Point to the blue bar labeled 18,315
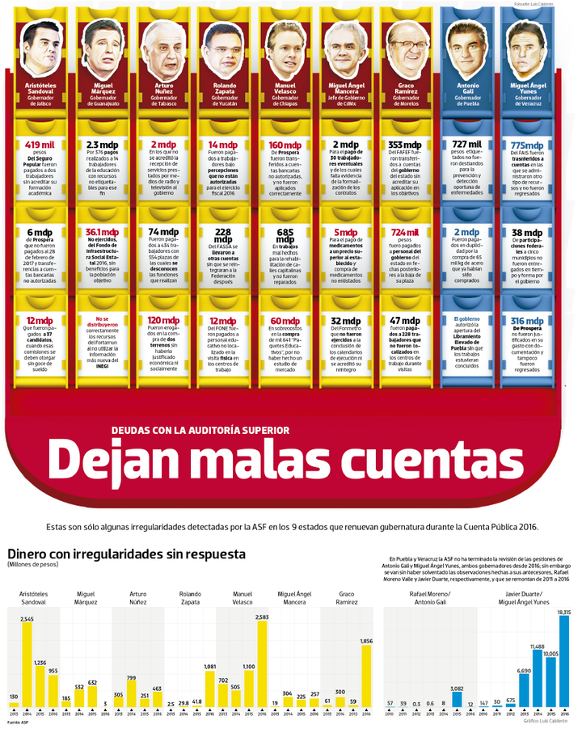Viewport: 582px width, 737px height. (x=563, y=663)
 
